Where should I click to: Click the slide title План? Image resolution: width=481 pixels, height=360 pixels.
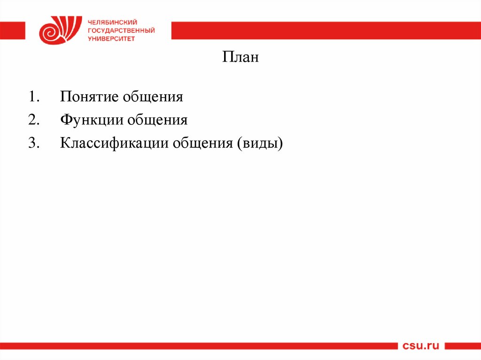tap(240, 59)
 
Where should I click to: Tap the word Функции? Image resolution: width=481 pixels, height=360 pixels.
tap(91, 120)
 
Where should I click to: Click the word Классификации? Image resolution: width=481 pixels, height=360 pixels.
tap(114, 143)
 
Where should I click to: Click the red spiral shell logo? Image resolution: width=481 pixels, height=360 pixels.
tap(56, 30)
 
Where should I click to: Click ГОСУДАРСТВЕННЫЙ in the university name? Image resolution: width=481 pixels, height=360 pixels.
tap(121, 31)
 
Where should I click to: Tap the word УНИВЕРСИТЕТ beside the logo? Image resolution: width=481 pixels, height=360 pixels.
tap(111, 39)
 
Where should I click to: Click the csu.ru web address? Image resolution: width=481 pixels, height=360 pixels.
tap(421, 346)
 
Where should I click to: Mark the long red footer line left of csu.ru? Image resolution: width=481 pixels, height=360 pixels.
tap(197, 346)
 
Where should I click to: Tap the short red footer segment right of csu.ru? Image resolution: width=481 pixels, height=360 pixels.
tap(463, 346)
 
